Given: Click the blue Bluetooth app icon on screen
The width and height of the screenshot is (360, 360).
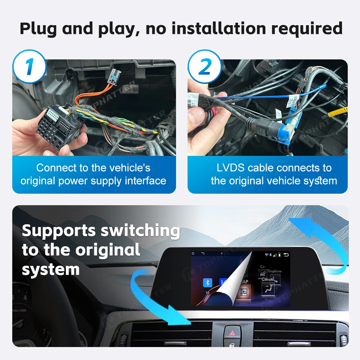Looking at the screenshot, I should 207,283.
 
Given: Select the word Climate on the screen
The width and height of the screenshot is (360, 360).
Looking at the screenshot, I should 268,279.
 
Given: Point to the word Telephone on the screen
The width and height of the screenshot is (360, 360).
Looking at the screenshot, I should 274,271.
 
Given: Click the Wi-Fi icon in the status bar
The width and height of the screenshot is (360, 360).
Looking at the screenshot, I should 267,255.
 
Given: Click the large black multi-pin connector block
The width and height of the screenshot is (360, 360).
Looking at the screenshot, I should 54,122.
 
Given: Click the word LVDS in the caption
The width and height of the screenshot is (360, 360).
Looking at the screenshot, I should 231,168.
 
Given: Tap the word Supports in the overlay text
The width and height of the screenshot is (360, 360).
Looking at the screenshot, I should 59,230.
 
